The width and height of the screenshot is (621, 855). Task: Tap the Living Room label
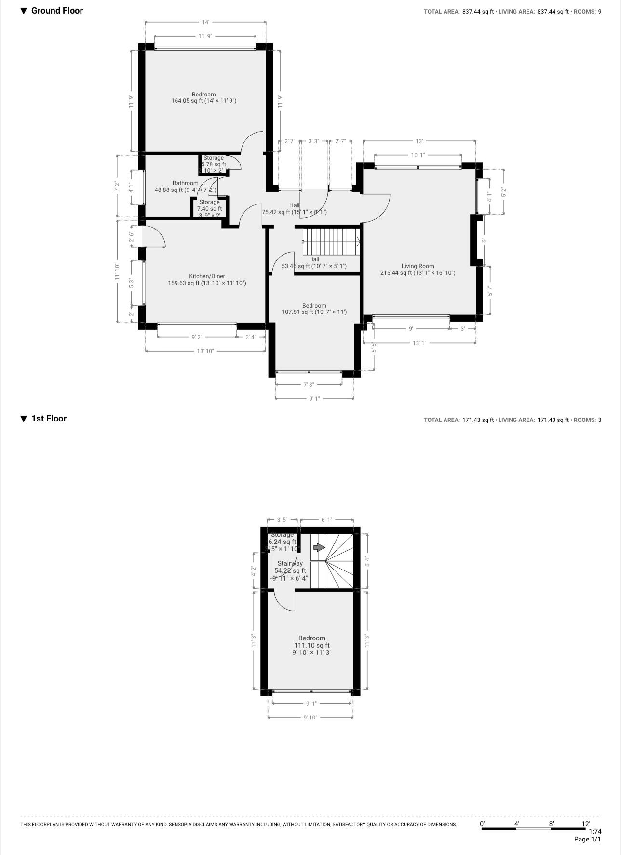click(418, 266)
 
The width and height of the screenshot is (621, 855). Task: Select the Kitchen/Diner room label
click(207, 276)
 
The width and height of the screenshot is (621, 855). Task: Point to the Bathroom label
click(185, 183)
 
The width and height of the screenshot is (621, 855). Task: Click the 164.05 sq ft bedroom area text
click(203, 101)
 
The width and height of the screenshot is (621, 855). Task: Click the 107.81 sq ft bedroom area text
click(314, 312)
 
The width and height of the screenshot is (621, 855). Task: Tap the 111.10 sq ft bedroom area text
click(312, 645)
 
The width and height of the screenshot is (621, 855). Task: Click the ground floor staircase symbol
click(331, 241)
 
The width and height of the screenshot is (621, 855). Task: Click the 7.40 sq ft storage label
click(209, 208)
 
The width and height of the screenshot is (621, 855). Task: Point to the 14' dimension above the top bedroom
click(205, 22)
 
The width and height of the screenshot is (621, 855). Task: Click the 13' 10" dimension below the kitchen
click(205, 351)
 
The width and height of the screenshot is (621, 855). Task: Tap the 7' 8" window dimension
click(309, 385)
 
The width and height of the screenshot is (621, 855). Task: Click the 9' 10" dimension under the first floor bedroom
click(310, 718)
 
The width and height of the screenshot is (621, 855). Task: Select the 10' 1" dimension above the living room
click(418, 155)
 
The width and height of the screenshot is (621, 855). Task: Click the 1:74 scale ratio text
click(595, 831)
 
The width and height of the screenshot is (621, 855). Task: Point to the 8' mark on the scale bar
click(551, 824)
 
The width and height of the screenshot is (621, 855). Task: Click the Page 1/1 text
click(587, 840)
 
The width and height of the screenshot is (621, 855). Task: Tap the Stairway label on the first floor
click(290, 563)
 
